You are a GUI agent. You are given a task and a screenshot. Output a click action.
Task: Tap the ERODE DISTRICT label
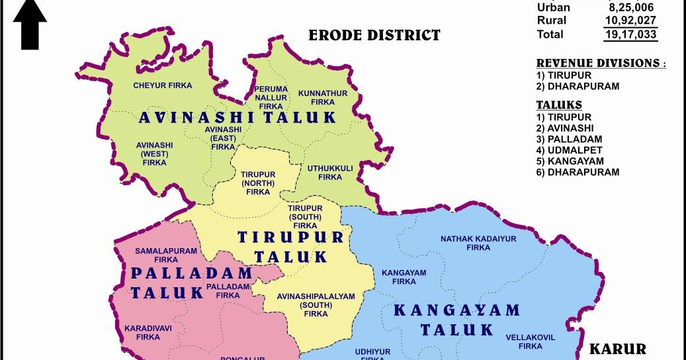(374, 35)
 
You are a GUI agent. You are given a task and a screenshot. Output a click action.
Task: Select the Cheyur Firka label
(163, 85)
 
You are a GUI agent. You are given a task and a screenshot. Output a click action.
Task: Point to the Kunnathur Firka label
(322, 98)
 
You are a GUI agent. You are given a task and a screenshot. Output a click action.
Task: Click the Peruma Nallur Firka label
(271, 97)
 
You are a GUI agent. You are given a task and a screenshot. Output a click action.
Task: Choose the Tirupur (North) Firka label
(258, 183)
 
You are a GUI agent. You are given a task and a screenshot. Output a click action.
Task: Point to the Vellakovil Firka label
(531, 341)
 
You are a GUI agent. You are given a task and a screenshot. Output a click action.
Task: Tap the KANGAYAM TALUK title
(456, 320)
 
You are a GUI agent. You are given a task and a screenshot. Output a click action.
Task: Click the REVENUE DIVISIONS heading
(600, 63)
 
